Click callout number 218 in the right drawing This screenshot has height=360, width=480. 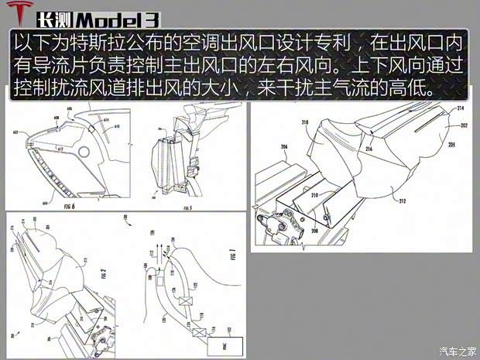point(295,122)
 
